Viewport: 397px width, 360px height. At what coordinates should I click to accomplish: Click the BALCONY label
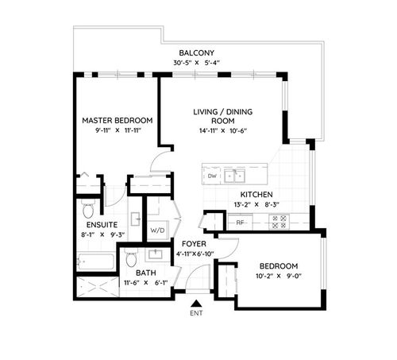pos(198,53)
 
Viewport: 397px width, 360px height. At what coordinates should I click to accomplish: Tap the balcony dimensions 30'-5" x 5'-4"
pos(198,64)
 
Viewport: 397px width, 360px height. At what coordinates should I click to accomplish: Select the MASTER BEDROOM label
pos(117,120)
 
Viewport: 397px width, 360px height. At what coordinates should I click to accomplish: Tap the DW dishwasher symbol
pos(211,175)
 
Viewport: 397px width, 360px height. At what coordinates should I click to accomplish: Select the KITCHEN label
pos(256,194)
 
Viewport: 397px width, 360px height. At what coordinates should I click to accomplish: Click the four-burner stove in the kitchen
pos(279,223)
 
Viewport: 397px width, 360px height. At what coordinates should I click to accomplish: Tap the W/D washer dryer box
pos(159,230)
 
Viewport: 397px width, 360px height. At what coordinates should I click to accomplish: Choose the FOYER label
pos(195,243)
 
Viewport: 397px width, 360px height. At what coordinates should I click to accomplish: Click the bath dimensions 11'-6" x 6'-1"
pos(147,282)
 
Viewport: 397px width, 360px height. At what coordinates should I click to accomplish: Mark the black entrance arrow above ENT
pos(196,302)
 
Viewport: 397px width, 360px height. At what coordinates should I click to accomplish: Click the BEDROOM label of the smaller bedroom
pos(277,265)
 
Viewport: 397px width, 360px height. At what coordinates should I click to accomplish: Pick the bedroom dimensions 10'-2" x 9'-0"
pos(277,278)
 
